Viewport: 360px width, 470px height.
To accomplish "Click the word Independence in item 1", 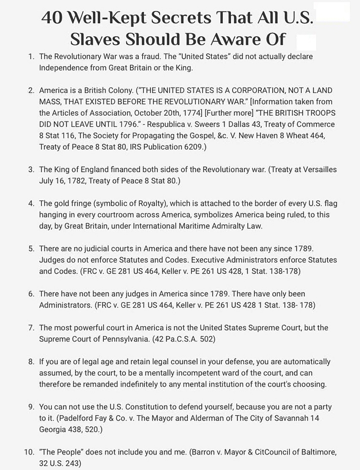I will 63,68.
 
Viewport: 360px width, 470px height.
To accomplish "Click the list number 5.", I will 31,249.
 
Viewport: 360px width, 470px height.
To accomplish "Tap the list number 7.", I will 31,327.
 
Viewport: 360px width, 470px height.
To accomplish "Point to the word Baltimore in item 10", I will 314,452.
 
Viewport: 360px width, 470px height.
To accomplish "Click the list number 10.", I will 29,452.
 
